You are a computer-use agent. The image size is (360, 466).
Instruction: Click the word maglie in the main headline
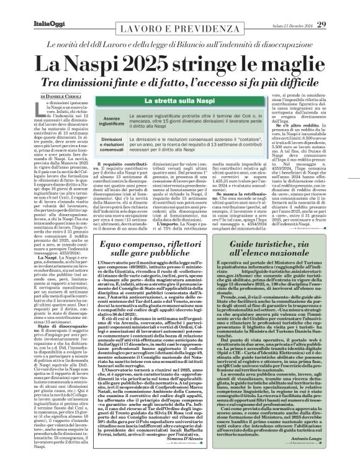point(292,63)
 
